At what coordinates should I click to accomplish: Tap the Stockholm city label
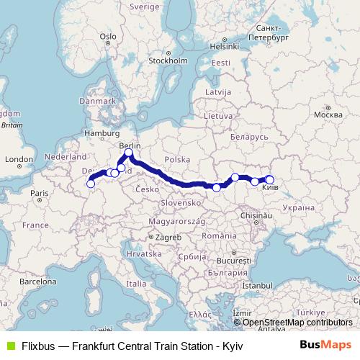pos(167,61)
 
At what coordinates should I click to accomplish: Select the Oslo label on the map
pos(108,35)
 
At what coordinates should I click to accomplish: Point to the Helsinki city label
pos(224,45)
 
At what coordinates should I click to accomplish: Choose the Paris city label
pos(39,193)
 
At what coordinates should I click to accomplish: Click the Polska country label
pos(176,159)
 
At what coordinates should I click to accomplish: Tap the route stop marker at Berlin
pos(129,153)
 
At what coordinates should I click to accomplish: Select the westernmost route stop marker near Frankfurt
pos(91,184)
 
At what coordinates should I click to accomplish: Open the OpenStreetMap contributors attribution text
pos(297,323)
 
